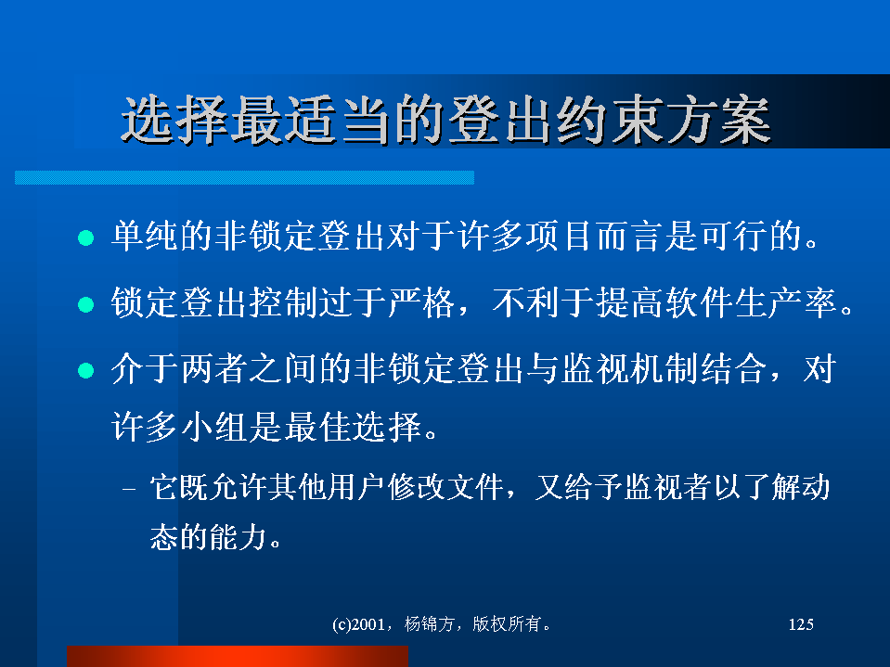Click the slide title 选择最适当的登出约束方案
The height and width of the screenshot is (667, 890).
tap(446, 121)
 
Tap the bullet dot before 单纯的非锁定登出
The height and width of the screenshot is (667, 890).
tap(85, 237)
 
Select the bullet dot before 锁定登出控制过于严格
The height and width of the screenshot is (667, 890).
tap(85, 304)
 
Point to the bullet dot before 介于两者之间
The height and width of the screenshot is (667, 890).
tap(85, 371)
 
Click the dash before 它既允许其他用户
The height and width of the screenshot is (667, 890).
tap(129, 488)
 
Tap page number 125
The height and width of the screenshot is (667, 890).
tap(801, 624)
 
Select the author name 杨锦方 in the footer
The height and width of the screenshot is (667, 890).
tap(429, 624)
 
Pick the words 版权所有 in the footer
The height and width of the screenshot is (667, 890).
tap(507, 624)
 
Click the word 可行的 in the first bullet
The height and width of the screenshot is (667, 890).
tap(750, 236)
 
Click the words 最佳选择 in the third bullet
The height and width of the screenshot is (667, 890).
tap(353, 427)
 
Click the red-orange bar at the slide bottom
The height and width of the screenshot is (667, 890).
tap(238, 656)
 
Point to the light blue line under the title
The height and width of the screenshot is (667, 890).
tap(244, 177)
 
